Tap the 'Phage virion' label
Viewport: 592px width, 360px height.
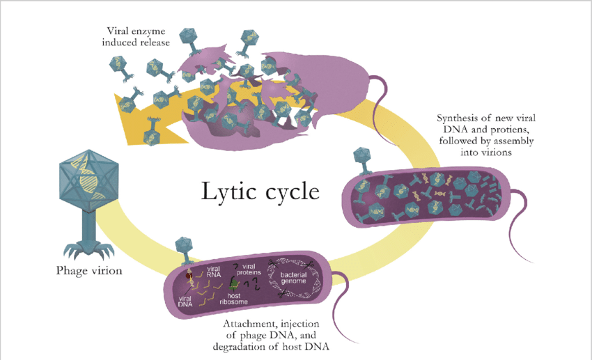point(88,270)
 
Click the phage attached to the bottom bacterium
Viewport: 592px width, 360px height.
point(183,247)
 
